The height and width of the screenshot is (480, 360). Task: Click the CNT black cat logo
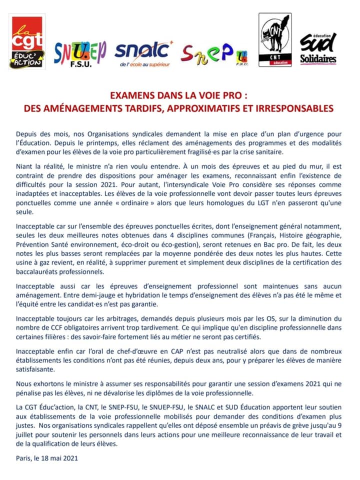coord(274,45)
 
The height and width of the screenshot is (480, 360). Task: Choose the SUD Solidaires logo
coord(318,48)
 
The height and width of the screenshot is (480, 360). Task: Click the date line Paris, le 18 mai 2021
coord(47,457)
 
